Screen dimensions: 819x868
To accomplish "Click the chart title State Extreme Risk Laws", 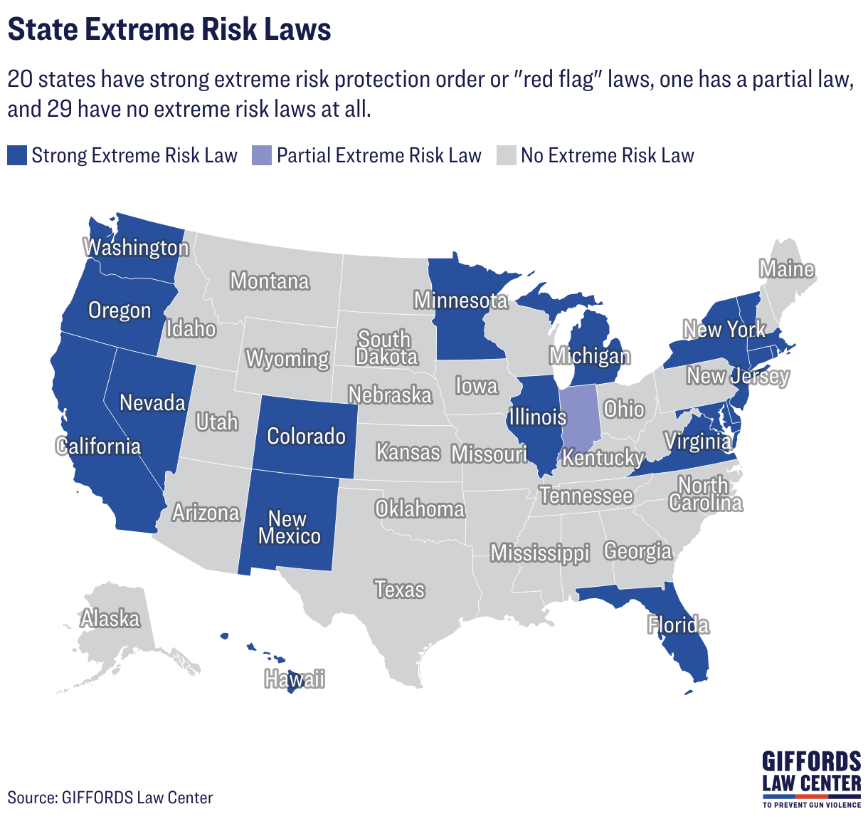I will point(169,30).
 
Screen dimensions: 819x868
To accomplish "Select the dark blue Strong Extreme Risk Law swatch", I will point(17,155).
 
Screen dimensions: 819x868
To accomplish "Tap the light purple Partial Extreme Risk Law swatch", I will point(262,155).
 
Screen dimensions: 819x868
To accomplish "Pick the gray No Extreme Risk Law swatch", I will point(506,155).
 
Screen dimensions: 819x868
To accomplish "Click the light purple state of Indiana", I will point(580,420).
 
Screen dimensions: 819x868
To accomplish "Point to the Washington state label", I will point(137,248).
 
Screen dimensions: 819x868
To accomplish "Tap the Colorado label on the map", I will point(306,436).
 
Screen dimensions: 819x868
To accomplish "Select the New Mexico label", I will point(289,527).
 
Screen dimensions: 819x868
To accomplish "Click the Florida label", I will point(678,625).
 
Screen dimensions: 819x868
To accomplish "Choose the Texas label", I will point(400,590).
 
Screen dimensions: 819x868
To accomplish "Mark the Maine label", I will point(786,269).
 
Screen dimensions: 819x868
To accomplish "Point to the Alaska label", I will point(110,619).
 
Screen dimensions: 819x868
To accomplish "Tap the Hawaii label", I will point(295,679).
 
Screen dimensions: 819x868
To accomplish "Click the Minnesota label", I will point(461,301).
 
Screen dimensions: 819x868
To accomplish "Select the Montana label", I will point(270,281).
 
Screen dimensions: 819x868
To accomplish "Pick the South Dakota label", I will point(386,348).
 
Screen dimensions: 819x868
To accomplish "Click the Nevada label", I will point(152,403).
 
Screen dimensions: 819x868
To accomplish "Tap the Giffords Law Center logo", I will point(811,778).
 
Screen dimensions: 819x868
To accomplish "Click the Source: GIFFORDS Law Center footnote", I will point(110,797).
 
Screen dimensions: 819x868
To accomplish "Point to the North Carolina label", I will point(705,494).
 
